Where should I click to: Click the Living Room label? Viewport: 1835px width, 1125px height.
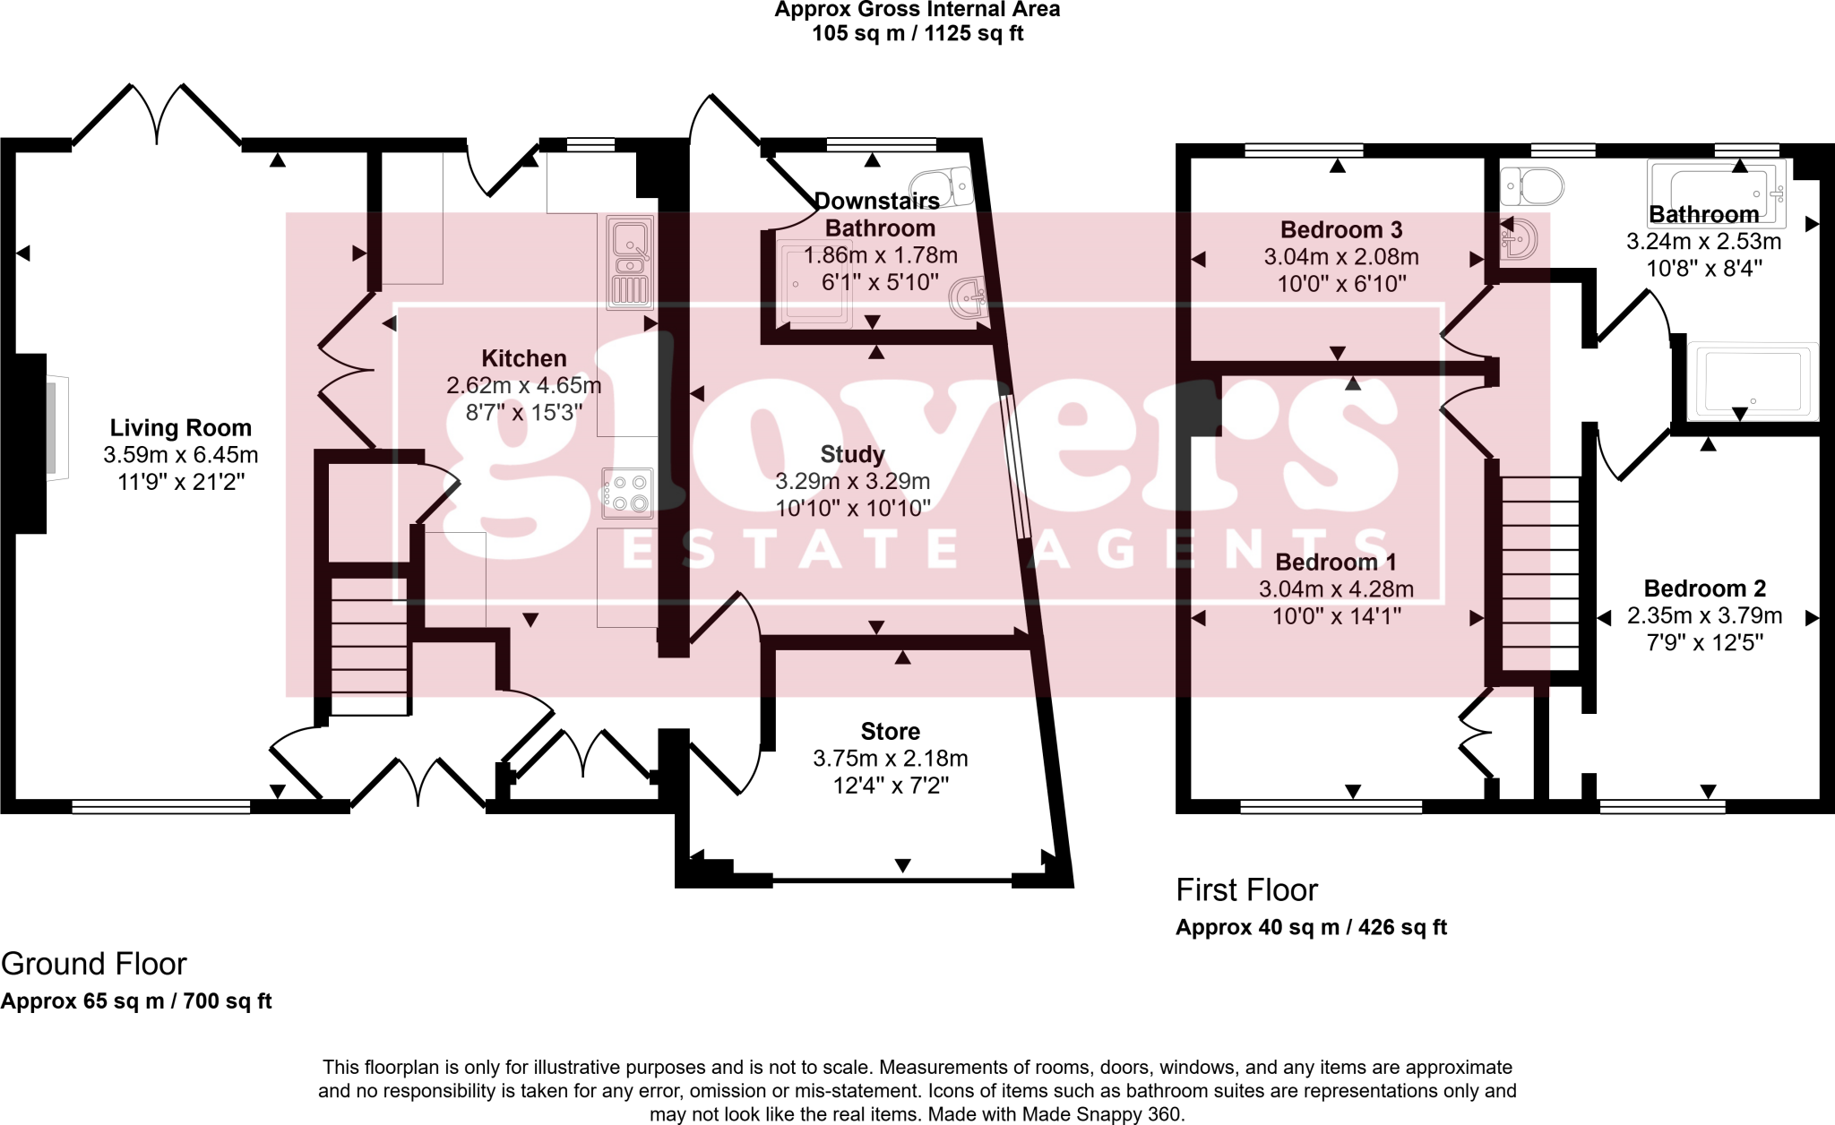pos(180,428)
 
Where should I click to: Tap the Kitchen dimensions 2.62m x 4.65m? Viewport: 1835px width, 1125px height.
pos(523,386)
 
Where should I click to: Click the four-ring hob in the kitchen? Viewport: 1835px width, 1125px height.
pos(627,494)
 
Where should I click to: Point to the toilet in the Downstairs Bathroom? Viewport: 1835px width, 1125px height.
pos(944,187)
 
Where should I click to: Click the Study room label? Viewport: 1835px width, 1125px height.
pos(852,454)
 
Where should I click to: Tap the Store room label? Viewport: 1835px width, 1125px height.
pos(890,732)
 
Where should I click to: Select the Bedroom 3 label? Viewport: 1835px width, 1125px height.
pos(1340,230)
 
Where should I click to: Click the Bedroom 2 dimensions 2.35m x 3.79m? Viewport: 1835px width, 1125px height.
pos(1704,616)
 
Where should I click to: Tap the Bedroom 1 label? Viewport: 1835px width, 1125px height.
pos(1335,562)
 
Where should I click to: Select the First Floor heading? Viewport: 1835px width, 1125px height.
pos(1246,890)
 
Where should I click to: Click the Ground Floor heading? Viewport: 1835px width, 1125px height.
pos(94,964)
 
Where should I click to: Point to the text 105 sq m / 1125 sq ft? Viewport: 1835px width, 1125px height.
pos(917,34)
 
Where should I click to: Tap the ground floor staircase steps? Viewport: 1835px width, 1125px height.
pos(369,645)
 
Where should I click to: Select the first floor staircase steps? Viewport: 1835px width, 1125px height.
pos(1539,573)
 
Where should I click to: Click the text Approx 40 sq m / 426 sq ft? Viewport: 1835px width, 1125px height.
pos(1311,928)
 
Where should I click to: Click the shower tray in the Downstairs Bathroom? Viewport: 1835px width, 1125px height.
pos(814,285)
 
